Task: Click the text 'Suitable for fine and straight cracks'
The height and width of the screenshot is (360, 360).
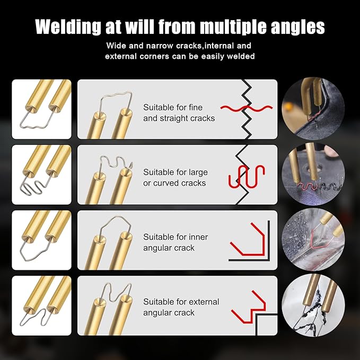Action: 179,113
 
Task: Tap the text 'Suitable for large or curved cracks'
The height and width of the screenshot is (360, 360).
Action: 175,178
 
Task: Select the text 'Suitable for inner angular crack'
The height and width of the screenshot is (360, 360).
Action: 175,242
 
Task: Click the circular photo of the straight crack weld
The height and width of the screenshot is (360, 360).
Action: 313,109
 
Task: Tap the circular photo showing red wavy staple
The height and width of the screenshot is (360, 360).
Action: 313,174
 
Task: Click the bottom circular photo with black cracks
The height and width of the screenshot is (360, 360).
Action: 313,306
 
